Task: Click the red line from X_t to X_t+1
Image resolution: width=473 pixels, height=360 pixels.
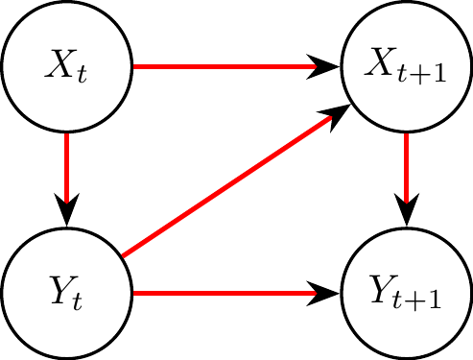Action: click(x=221, y=67)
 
